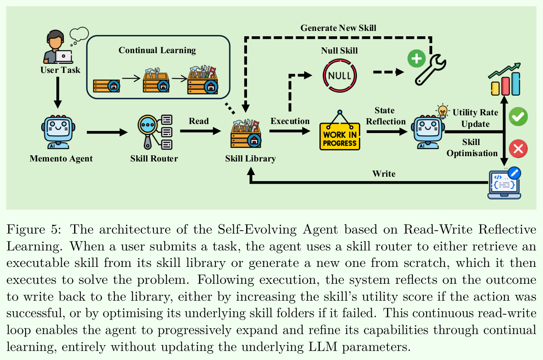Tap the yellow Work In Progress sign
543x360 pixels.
(x=340, y=136)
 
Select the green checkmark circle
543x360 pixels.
(x=518, y=117)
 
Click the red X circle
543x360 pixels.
(x=518, y=149)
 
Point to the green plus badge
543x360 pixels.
(x=417, y=58)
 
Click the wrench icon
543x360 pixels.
(x=430, y=70)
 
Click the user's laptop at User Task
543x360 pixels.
(x=63, y=57)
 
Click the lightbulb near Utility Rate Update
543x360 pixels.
(x=443, y=111)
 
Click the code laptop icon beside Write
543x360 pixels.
(x=504, y=183)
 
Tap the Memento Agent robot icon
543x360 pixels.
(x=58, y=132)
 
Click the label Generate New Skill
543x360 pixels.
(x=338, y=28)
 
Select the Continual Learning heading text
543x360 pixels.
(x=157, y=50)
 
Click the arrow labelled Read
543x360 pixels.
(x=200, y=131)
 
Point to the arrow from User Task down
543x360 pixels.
(x=58, y=92)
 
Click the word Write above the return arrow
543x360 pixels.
(x=384, y=174)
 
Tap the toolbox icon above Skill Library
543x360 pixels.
(x=246, y=133)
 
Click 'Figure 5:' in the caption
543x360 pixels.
(x=34, y=229)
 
